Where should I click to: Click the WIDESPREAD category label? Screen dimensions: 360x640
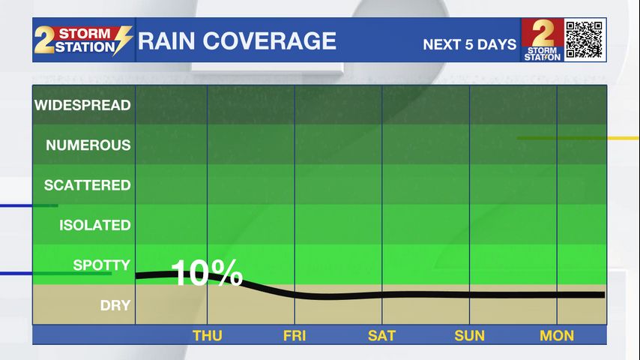82,105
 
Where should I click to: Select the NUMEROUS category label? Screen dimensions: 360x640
88,145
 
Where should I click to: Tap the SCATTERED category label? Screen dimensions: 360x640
87,184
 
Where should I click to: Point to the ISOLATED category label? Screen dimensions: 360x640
94,225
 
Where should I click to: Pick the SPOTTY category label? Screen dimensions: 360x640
101,265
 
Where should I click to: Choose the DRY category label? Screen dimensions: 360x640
115,305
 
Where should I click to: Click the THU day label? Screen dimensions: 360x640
208,335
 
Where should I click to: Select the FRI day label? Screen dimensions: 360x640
295,335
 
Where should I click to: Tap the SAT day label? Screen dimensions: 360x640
381,335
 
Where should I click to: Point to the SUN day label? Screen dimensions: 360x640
469,335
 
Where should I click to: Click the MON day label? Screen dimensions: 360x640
557,335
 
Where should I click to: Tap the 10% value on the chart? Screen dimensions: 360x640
208,274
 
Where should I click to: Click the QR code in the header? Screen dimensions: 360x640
585,40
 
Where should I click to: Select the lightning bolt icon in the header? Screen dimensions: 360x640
123,40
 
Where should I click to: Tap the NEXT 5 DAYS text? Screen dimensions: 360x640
470,44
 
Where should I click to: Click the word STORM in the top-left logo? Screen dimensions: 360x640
84,34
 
